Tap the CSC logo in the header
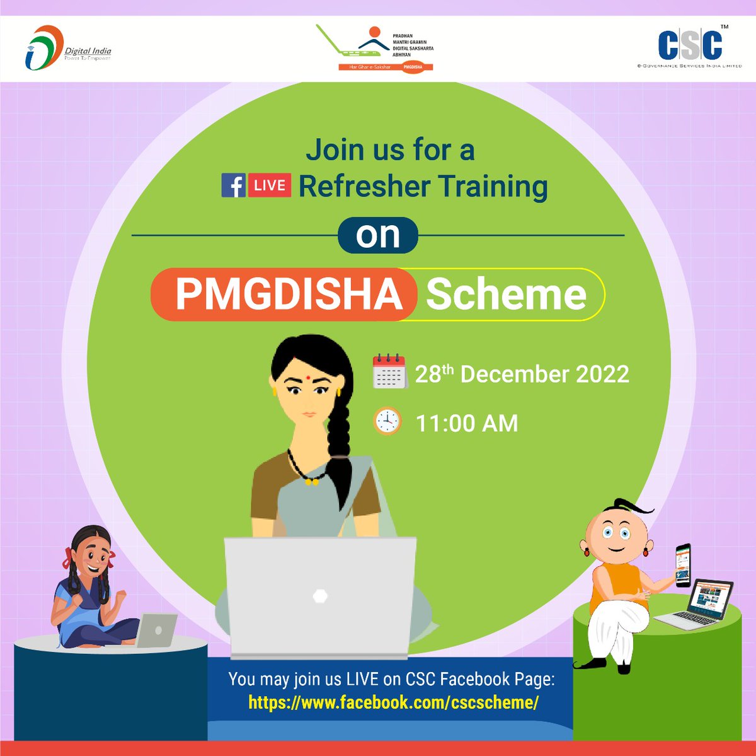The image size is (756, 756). (x=689, y=47)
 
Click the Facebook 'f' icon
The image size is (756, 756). (x=233, y=186)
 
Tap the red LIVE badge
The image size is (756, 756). (x=270, y=186)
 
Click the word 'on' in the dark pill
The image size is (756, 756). (x=378, y=235)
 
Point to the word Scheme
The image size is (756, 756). (x=506, y=294)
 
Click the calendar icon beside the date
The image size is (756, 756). (x=389, y=372)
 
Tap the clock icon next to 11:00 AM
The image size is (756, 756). (x=387, y=421)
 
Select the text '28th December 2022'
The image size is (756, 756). (x=522, y=374)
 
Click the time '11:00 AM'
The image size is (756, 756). (x=466, y=423)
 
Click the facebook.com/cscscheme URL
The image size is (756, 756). (x=393, y=702)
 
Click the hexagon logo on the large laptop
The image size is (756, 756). (x=320, y=596)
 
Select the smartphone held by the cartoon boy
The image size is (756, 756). (x=683, y=564)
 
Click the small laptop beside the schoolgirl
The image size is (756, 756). (x=155, y=629)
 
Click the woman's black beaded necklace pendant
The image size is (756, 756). (x=310, y=482)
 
